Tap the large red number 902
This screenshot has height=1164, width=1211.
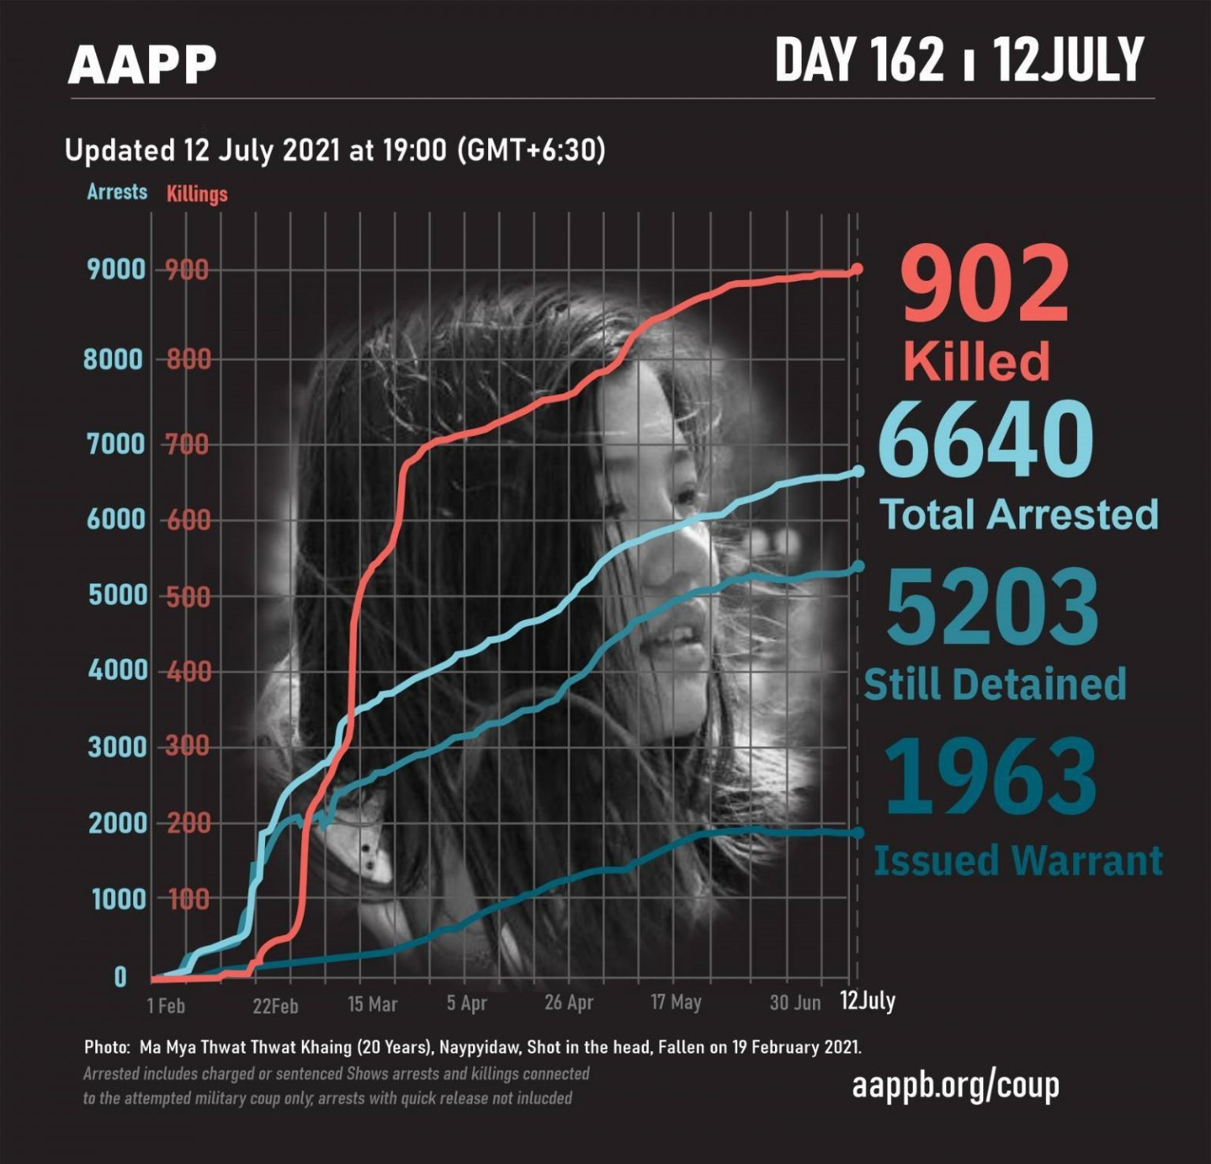coord(985,285)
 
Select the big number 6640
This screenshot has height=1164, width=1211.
coord(986,439)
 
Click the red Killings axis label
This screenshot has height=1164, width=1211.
coord(196,194)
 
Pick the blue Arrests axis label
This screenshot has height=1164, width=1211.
coord(117,192)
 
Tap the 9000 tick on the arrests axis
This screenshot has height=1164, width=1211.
coord(117,270)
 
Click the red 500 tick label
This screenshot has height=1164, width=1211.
coord(188,596)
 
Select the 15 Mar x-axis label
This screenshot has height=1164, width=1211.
coord(373,1005)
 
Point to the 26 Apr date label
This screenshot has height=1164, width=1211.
coord(568,1003)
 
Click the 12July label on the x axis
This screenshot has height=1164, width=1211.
coord(867,1002)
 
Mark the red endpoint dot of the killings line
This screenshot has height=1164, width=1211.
coord(857,269)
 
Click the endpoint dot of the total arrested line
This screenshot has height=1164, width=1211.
coord(858,472)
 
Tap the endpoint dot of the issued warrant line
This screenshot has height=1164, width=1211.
coord(858,833)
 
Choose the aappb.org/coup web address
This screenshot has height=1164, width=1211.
coord(956,1086)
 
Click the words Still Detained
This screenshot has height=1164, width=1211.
coord(995,685)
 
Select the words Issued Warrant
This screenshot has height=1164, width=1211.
coord(1018,860)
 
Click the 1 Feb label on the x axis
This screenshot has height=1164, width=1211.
coord(166,1005)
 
